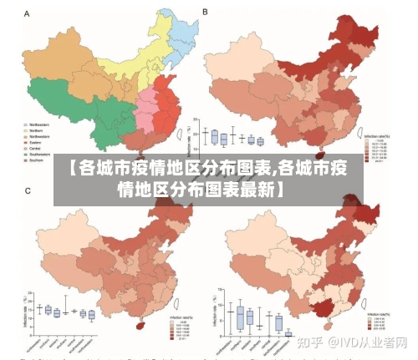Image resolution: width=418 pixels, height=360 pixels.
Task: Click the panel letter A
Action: (x=28, y=14)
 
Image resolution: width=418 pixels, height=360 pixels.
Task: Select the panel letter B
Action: (x=206, y=13)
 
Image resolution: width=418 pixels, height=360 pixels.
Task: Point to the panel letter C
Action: (x=28, y=191)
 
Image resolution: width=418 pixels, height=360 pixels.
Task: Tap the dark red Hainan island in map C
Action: (x=140, y=322)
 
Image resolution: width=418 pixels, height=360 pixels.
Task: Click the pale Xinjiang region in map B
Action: (x=238, y=63)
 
